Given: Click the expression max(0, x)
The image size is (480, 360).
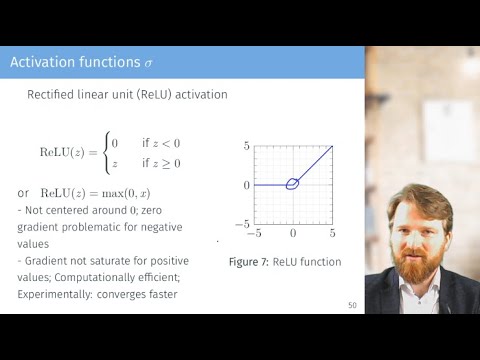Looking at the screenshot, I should pyautogui.click(x=134, y=192).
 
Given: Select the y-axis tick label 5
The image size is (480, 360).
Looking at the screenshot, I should pyautogui.click(x=244, y=147).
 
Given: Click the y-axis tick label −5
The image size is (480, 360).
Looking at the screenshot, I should pyautogui.click(x=241, y=224).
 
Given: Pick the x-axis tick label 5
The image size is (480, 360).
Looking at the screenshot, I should pyautogui.click(x=332, y=234).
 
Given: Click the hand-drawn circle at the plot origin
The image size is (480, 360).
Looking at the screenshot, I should pyautogui.click(x=292, y=183).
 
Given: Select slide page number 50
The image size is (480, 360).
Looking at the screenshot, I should pyautogui.click(x=352, y=305).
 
